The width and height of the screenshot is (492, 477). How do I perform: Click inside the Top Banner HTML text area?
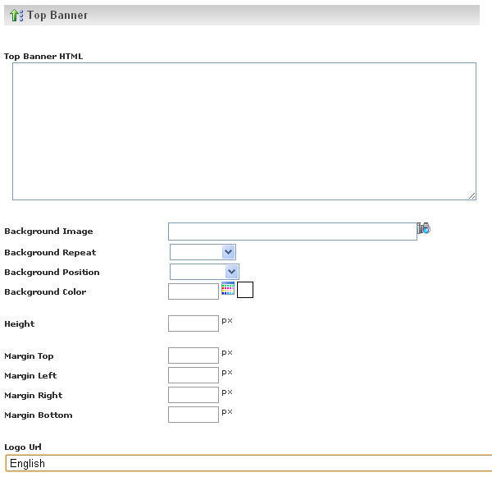pos(244,131)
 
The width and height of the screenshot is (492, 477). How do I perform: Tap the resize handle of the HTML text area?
pos(472,195)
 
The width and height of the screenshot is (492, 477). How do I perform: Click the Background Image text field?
pos(293,232)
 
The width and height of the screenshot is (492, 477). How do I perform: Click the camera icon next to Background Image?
pos(424,228)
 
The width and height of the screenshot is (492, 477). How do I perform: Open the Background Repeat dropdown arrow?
pos(229,252)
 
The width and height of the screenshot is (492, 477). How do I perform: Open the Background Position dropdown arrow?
pos(231,272)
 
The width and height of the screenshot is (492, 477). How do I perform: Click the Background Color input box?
pos(194,291)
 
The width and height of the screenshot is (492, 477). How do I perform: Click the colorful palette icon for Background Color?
pos(228,288)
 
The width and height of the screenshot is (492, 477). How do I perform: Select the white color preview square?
pos(245,290)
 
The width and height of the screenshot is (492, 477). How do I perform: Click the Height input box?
pos(194,323)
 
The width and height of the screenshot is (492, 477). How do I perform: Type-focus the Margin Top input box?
pos(194,355)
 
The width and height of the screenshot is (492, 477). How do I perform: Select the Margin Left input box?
pos(194,375)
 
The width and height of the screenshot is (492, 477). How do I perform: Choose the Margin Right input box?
pos(194,395)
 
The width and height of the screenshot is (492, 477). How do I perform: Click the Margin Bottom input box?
pos(194,415)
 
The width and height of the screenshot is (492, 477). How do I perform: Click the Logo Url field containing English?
pos(248,463)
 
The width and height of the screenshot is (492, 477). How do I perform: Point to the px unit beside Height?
pos(227,321)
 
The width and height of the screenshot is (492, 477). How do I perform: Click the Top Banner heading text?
pos(57,15)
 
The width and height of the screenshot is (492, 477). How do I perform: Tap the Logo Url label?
pos(23,447)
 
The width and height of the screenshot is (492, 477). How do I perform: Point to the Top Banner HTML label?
pos(43,57)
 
